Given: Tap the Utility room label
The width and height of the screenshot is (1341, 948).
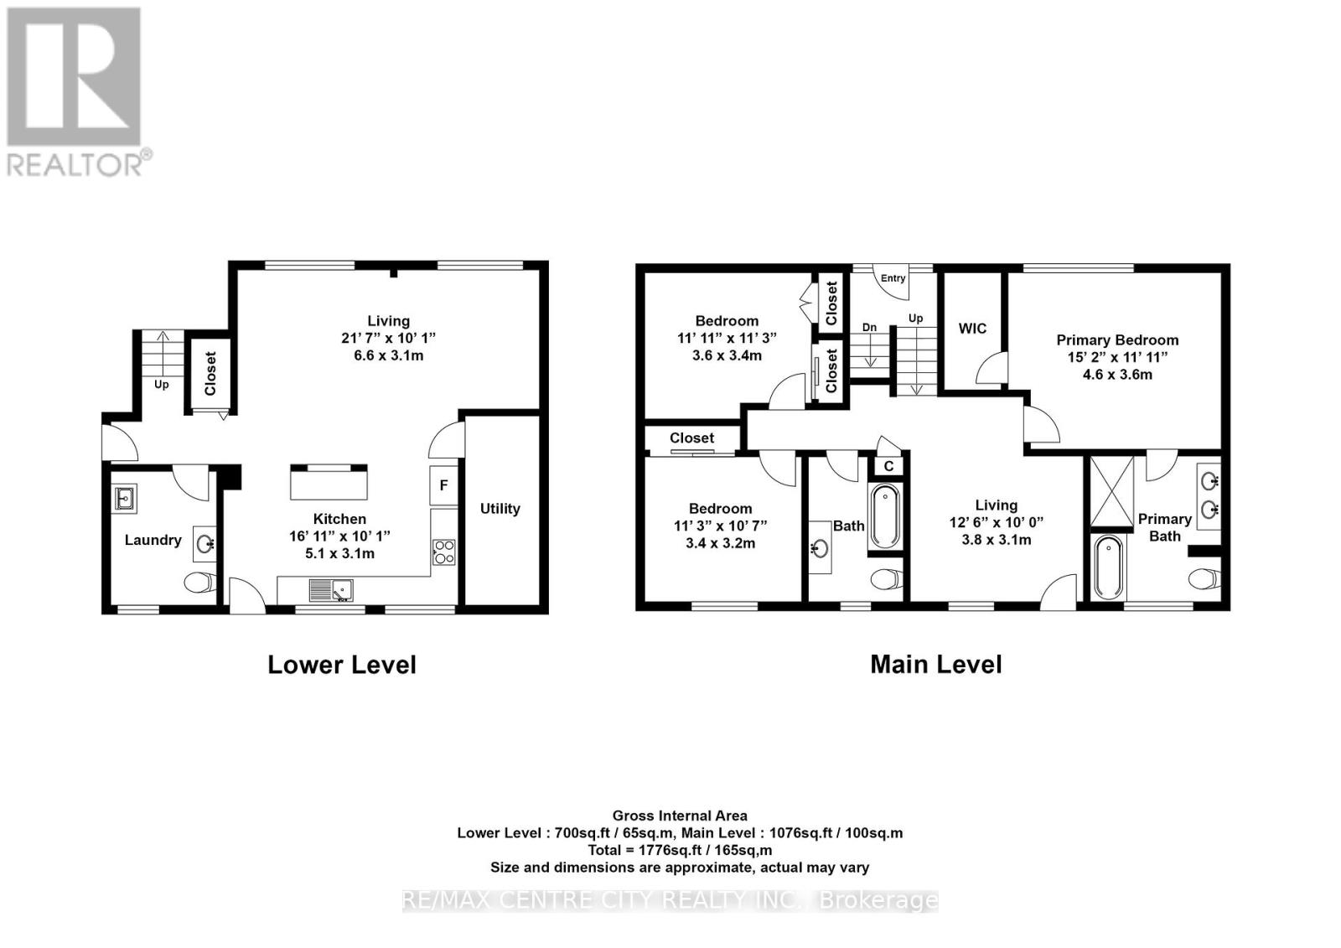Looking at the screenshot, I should click(x=500, y=509).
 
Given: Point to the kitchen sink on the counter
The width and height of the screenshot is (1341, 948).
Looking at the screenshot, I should click(x=331, y=590).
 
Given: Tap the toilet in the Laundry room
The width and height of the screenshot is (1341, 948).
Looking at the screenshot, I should click(x=199, y=582).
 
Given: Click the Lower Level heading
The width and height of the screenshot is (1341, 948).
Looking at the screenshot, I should click(x=341, y=666).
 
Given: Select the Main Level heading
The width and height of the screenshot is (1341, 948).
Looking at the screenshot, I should click(x=935, y=665).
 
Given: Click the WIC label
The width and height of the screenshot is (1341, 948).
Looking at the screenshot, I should click(x=972, y=329).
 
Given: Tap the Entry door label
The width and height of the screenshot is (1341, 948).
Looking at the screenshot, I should click(x=893, y=278).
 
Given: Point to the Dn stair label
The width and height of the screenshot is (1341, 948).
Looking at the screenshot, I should click(x=869, y=328).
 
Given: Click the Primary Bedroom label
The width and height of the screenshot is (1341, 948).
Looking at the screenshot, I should click(x=1117, y=340).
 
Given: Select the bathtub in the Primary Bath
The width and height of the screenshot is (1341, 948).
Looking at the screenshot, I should click(x=1108, y=568).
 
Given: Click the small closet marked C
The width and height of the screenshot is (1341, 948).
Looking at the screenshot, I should click(x=888, y=466).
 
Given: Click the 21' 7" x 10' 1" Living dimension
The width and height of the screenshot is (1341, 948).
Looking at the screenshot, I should click(x=388, y=338).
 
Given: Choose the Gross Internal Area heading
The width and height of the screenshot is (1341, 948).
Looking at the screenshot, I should click(x=680, y=816).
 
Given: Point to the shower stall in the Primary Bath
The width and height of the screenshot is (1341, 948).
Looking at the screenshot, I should click(x=1111, y=491).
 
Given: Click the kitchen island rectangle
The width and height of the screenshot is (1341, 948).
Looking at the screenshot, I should click(x=329, y=484).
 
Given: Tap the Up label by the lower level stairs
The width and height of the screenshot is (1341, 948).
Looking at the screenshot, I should click(x=161, y=385).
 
